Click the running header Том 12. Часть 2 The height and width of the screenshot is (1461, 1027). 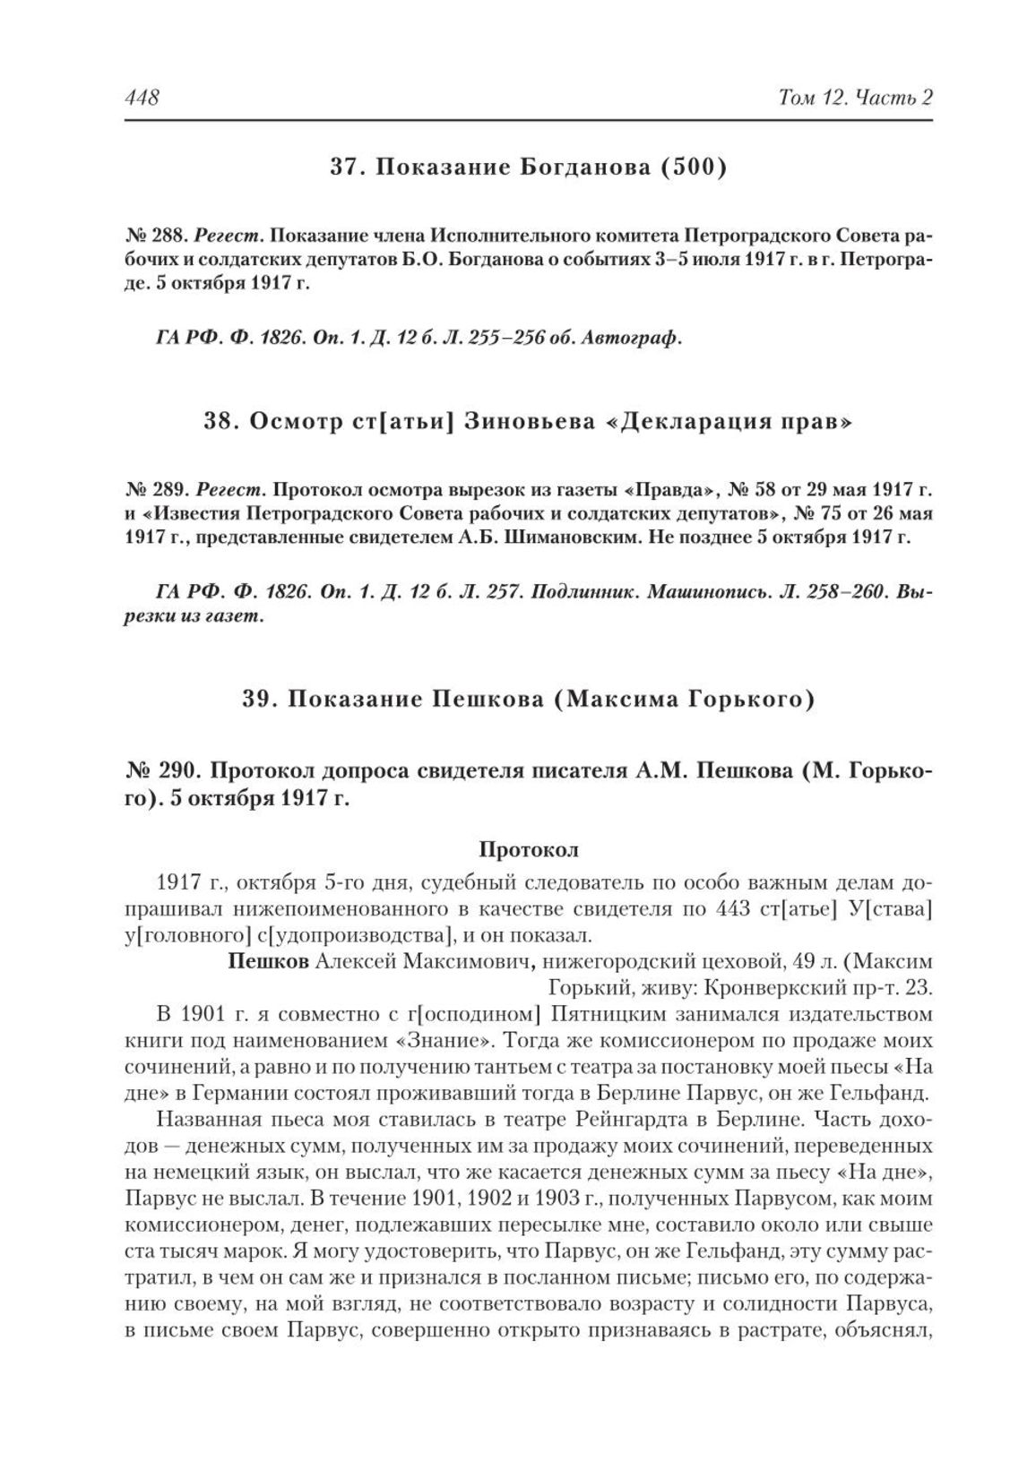click(x=856, y=97)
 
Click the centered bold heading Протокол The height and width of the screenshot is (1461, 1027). click(x=529, y=849)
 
